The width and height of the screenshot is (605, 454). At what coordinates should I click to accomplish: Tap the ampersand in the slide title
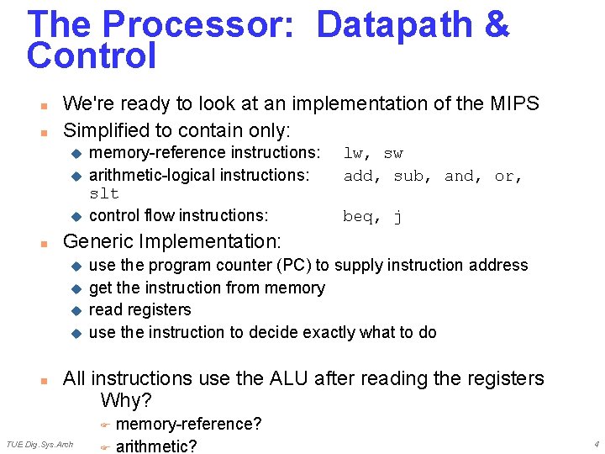point(497,24)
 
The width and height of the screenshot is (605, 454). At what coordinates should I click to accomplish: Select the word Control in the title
point(92,55)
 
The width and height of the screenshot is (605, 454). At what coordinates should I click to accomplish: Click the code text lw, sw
point(373,153)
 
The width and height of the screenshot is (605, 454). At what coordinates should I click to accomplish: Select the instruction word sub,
point(413,176)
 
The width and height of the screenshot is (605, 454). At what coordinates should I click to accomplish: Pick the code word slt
point(104,193)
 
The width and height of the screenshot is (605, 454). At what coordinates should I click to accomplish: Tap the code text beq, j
point(372,217)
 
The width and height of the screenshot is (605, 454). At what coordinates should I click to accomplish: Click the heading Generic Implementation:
point(172,241)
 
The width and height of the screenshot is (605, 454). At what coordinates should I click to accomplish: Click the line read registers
point(139,309)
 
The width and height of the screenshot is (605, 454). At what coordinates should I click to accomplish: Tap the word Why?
point(127,400)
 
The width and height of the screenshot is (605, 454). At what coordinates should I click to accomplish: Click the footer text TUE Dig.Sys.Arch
point(39,444)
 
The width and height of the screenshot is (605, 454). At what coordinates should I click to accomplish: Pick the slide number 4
point(596,444)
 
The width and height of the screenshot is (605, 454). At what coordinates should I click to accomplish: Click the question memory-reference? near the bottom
point(188,424)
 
